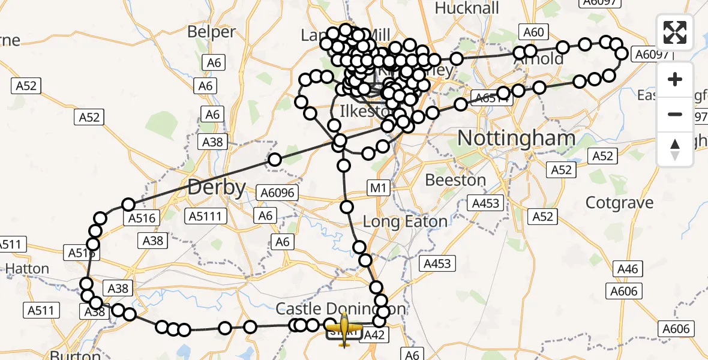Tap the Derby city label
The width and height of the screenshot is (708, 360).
tap(217, 188)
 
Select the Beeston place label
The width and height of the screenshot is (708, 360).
tap(455, 180)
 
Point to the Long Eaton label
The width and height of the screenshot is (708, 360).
tap(406, 221)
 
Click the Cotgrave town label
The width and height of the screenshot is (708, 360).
tap(619, 203)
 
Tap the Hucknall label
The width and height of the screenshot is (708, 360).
tap(467, 8)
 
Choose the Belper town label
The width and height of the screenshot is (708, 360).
tap(211, 31)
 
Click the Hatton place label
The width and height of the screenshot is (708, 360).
tap(26, 268)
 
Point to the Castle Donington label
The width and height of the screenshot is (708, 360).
tap(340, 310)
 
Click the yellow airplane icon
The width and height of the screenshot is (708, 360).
tap(344, 328)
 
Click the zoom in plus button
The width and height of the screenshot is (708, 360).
tap(675, 79)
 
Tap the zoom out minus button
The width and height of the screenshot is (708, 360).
tap(675, 114)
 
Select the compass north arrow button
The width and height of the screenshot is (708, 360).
tap(675, 148)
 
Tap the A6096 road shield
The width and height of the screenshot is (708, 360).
tap(277, 193)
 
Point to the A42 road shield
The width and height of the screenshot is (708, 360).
tap(374, 335)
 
